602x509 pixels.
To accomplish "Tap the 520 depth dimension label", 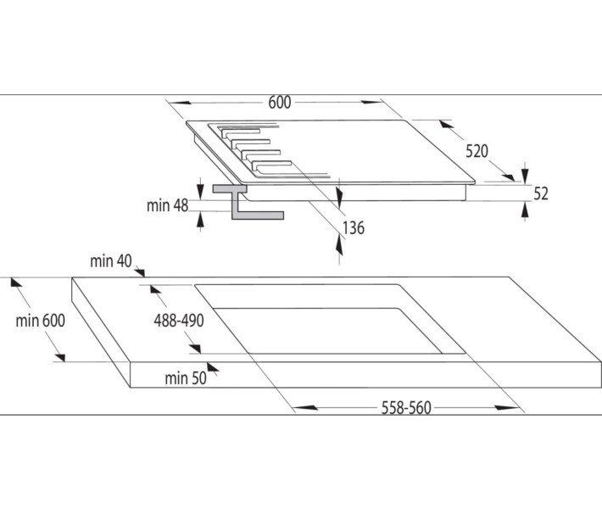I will (x=477, y=152).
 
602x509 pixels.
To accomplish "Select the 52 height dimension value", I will (x=541, y=193).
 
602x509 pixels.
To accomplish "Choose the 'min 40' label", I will (x=112, y=262).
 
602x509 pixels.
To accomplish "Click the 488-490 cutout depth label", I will (x=177, y=320).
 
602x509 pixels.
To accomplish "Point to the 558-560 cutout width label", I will (x=404, y=408).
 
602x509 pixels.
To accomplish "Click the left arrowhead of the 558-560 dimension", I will (x=302, y=408).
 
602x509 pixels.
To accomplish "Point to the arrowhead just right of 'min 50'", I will (x=213, y=369).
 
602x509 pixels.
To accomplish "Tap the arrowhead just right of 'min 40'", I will (x=140, y=271).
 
